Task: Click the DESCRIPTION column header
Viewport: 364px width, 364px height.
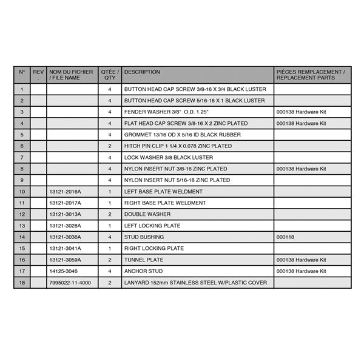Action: [x=142, y=72]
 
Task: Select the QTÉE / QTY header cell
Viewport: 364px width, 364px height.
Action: [x=110, y=75]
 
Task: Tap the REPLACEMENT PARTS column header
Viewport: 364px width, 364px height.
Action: [x=312, y=75]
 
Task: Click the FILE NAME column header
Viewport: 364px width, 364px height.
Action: [x=71, y=75]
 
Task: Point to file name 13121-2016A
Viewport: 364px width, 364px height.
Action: [x=64, y=192]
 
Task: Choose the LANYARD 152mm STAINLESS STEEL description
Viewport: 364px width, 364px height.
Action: [x=195, y=283]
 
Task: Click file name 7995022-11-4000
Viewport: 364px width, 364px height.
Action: [x=70, y=283]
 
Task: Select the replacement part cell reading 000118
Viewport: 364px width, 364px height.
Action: [x=285, y=237]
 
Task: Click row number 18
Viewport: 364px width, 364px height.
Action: [x=22, y=283]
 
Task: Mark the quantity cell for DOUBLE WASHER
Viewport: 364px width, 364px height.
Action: [x=110, y=214]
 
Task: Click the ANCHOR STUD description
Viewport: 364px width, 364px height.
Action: [x=143, y=271]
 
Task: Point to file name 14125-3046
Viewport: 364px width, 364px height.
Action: [x=63, y=271]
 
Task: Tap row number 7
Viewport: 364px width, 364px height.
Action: [x=22, y=158]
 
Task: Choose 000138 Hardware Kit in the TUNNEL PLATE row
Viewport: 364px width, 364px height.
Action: [x=301, y=260]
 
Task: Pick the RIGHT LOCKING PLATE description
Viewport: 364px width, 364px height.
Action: [x=154, y=249]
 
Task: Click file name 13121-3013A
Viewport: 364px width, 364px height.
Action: [x=64, y=214]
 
